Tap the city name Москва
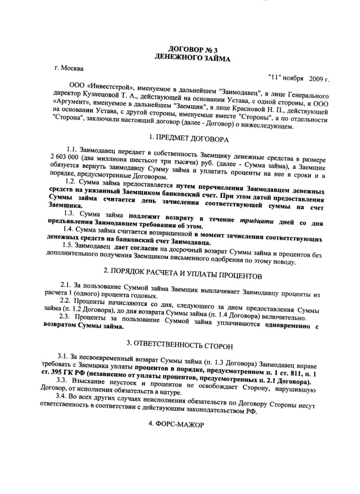74,69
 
